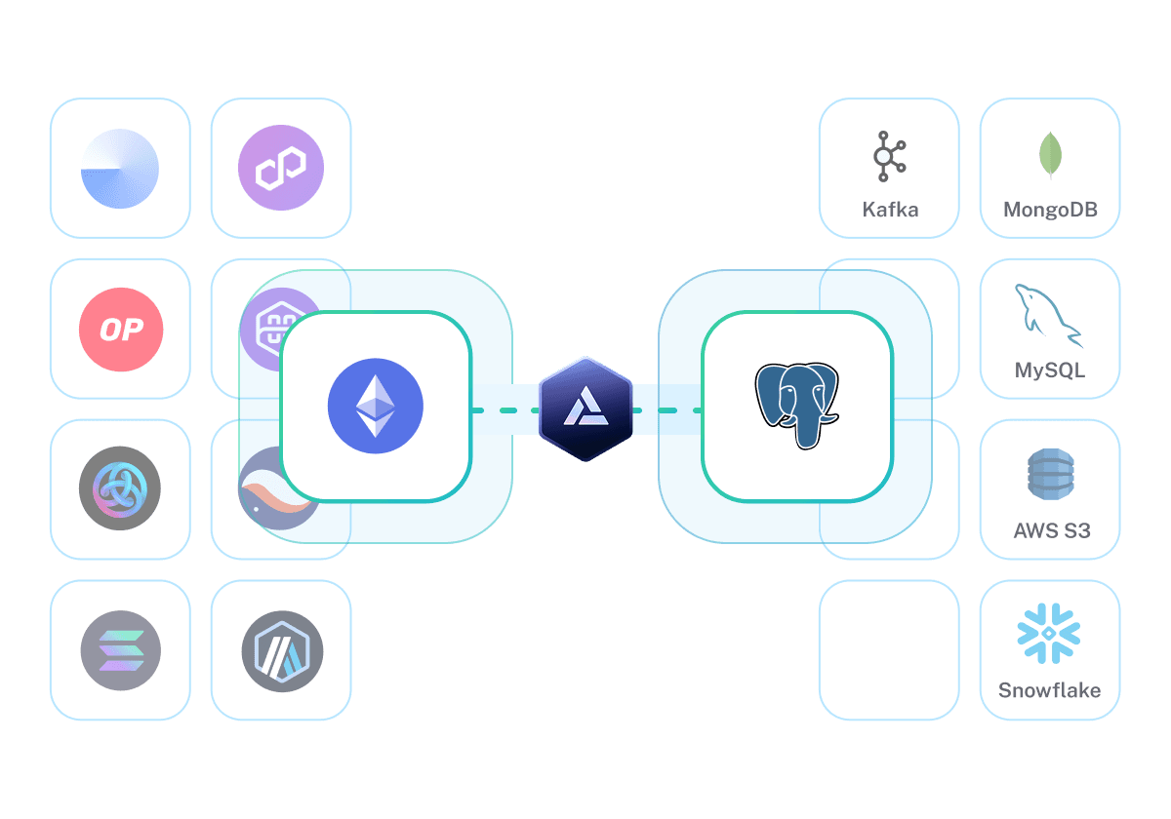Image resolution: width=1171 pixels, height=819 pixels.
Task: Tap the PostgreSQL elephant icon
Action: pos(796,406)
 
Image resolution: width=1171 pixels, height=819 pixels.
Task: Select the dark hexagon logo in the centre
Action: pos(585,409)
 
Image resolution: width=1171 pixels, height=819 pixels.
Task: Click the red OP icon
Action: pos(121,330)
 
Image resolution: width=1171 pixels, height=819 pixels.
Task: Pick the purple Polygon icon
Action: pos(281,169)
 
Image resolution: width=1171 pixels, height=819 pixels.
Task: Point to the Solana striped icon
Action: pos(121,649)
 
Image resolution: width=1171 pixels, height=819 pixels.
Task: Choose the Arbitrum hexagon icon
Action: pos(281,649)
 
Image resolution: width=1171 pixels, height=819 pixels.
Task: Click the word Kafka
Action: pos(890,210)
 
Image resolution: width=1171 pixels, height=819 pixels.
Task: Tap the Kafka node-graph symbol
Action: pos(889,157)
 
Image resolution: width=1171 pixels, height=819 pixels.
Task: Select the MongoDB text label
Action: pos(1050,210)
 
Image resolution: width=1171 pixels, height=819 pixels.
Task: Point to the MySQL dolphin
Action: pos(1049,315)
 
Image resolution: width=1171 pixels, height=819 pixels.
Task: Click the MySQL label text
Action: pos(1050,371)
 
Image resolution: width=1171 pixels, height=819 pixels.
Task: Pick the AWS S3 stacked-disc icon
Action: pos(1050,476)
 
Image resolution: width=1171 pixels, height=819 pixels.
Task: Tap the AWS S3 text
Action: pos(1051,531)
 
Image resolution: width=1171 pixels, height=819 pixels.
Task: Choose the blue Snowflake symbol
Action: pos(1050,634)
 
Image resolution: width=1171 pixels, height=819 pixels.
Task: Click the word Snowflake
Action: pos(1050,690)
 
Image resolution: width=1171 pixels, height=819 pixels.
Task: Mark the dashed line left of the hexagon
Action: pos(505,410)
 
